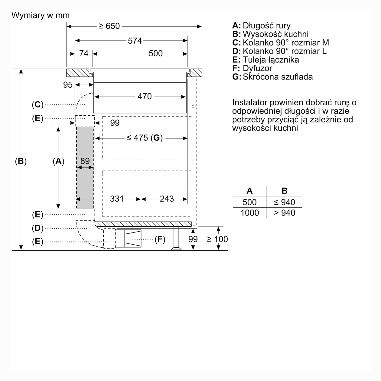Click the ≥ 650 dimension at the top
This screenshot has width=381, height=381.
coord(109,26)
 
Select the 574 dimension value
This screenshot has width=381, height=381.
coord(135,41)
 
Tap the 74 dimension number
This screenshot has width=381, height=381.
coord(84,54)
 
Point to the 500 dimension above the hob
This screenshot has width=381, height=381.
coord(156,54)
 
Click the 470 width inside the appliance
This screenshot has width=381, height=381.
coord(145,96)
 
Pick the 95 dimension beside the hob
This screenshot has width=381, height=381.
coord(68,85)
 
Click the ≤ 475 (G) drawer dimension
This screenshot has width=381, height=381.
coord(145,138)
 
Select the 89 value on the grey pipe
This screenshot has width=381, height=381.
coord(85,161)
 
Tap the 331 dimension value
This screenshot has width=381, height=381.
coord(117,199)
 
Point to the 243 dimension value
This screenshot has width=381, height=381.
coord(167,199)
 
